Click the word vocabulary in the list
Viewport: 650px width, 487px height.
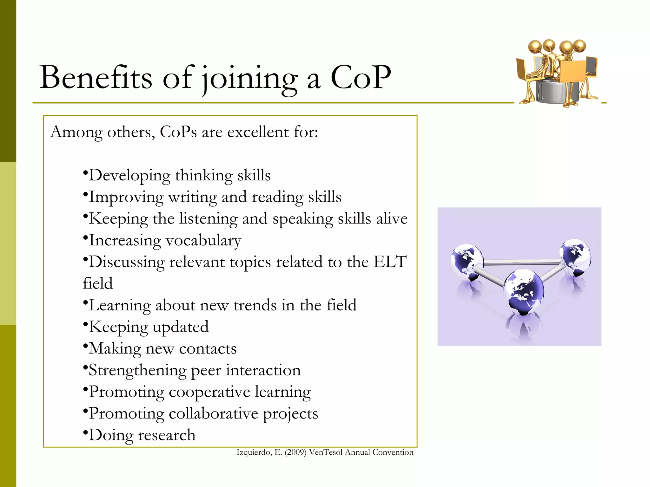pyautogui.click(x=203, y=240)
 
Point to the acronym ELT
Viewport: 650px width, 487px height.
pyautogui.click(x=390, y=262)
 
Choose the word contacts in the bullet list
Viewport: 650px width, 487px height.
pyautogui.click(x=208, y=349)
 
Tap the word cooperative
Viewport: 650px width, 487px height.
pyautogui.click(x=209, y=392)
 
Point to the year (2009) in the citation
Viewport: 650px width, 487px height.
pyautogui.click(x=295, y=452)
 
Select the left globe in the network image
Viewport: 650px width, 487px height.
pyautogui.click(x=467, y=261)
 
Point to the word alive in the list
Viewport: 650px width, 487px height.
pyautogui.click(x=392, y=219)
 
